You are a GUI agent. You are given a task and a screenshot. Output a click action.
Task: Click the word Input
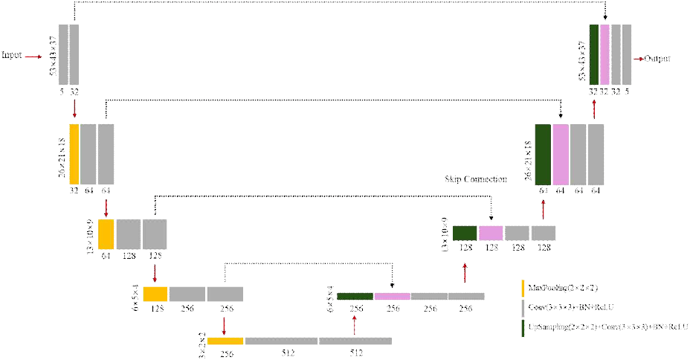[x=11, y=55]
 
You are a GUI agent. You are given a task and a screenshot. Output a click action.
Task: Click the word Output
[x=657, y=57]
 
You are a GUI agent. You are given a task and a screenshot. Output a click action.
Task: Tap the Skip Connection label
[x=476, y=179]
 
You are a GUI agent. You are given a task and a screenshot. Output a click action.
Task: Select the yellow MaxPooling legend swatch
[x=524, y=287]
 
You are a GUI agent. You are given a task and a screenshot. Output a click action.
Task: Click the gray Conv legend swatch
[x=524, y=306]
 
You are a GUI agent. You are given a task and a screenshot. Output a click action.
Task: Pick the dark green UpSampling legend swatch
[x=524, y=327]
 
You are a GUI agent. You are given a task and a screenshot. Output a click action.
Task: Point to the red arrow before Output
[x=637, y=57]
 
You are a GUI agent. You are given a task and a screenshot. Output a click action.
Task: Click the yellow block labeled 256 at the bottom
[x=225, y=341]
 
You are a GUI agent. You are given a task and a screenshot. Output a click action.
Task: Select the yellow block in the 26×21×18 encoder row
[x=74, y=154]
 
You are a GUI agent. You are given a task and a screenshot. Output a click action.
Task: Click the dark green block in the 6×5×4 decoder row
[x=355, y=296]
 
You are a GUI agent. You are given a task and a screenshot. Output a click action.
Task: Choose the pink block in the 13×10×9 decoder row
[x=491, y=233]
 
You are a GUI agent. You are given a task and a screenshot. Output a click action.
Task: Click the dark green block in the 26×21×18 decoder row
[x=543, y=154]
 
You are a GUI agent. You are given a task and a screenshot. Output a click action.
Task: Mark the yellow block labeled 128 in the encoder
[x=155, y=294]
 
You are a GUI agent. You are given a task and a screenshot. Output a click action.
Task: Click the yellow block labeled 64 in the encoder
[x=106, y=234]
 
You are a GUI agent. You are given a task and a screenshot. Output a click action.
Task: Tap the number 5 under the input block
[x=62, y=92]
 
